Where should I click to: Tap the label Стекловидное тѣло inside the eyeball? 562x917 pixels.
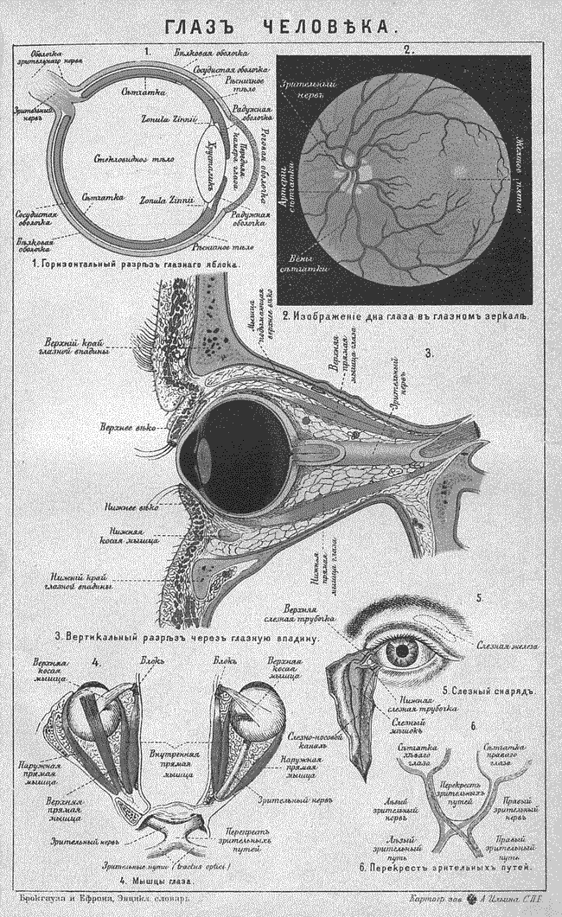(x=128, y=161)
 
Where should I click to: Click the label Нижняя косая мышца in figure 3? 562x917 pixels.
(x=130, y=534)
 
